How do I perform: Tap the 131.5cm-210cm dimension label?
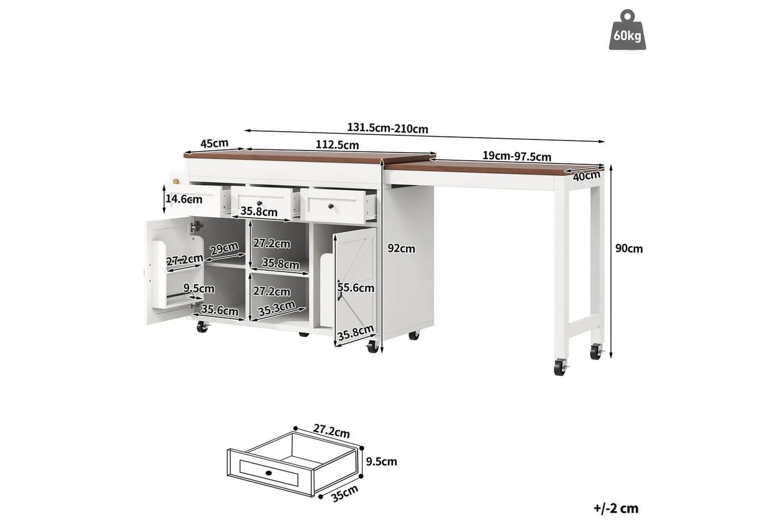pyautogui.click(x=388, y=128)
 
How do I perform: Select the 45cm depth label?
pyautogui.click(x=215, y=143)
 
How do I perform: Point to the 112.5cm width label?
pyautogui.click(x=337, y=144)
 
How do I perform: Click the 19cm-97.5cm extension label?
pyautogui.click(x=516, y=156)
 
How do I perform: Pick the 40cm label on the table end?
pyautogui.click(x=587, y=176)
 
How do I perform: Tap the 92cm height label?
pyautogui.click(x=401, y=248)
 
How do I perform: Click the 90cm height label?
pyautogui.click(x=629, y=248)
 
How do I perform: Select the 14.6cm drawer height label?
pyautogui.click(x=184, y=199)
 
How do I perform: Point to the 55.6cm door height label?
pyautogui.click(x=356, y=288)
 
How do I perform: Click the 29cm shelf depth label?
pyautogui.click(x=224, y=248)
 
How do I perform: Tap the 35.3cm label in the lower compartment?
pyautogui.click(x=276, y=309)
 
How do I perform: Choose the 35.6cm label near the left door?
pyautogui.click(x=220, y=310)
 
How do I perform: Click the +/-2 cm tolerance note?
pyautogui.click(x=616, y=508)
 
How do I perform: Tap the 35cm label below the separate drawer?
pyautogui.click(x=344, y=493)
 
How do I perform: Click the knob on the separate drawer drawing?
pyautogui.click(x=268, y=473)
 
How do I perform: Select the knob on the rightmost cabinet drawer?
pyautogui.click(x=331, y=206)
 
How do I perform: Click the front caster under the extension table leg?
pyautogui.click(x=561, y=367)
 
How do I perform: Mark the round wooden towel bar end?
pyautogui.click(x=176, y=181)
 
